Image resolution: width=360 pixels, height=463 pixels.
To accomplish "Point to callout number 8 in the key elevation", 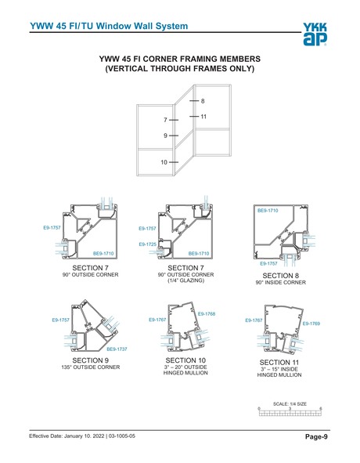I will click(x=202, y=102).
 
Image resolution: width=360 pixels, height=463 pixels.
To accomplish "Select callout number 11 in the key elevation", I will click(x=203, y=117).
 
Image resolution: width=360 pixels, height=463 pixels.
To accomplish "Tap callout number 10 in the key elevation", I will click(x=164, y=162).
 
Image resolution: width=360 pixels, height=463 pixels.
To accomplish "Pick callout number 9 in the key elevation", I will click(x=165, y=136).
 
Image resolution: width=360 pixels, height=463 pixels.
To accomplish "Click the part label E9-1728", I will click(x=147, y=244).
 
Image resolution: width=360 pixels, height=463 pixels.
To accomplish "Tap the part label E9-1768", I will click(x=206, y=314).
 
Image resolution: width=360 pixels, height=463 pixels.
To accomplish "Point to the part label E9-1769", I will click(x=311, y=323).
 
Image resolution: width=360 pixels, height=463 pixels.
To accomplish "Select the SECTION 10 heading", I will click(x=185, y=360).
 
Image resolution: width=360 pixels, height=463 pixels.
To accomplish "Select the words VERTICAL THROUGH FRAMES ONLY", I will click(x=179, y=69).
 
